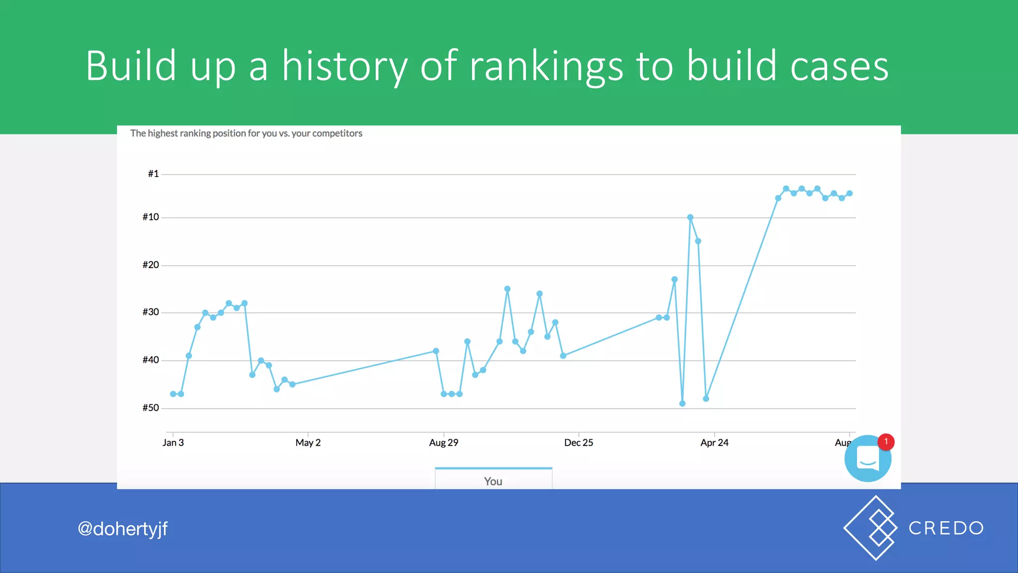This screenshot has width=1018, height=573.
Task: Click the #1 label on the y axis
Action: [x=153, y=174]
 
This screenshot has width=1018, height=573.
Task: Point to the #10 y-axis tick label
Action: [x=151, y=217]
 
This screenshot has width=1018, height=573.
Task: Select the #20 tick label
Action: [x=151, y=265]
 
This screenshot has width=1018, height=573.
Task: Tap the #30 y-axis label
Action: [x=151, y=312]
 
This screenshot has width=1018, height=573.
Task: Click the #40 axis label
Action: [x=151, y=360]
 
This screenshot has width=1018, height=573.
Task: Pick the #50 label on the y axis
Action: [x=151, y=408]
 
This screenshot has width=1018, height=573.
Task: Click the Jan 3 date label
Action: [x=173, y=443]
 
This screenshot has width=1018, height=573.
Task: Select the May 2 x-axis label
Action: [x=308, y=443]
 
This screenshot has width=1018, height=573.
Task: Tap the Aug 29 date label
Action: [x=443, y=443]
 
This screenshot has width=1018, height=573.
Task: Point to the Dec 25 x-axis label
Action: [x=579, y=443]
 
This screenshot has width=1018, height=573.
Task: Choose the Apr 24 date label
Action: [x=714, y=443]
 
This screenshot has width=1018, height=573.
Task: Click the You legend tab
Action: [x=493, y=480]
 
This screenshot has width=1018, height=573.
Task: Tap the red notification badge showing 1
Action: [x=886, y=442]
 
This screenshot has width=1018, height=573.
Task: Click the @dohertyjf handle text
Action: [x=123, y=529]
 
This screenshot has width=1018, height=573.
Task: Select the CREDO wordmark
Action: [x=946, y=528]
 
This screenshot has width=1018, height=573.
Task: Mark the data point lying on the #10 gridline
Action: [x=690, y=217]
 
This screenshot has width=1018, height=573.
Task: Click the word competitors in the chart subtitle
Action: [x=337, y=133]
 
